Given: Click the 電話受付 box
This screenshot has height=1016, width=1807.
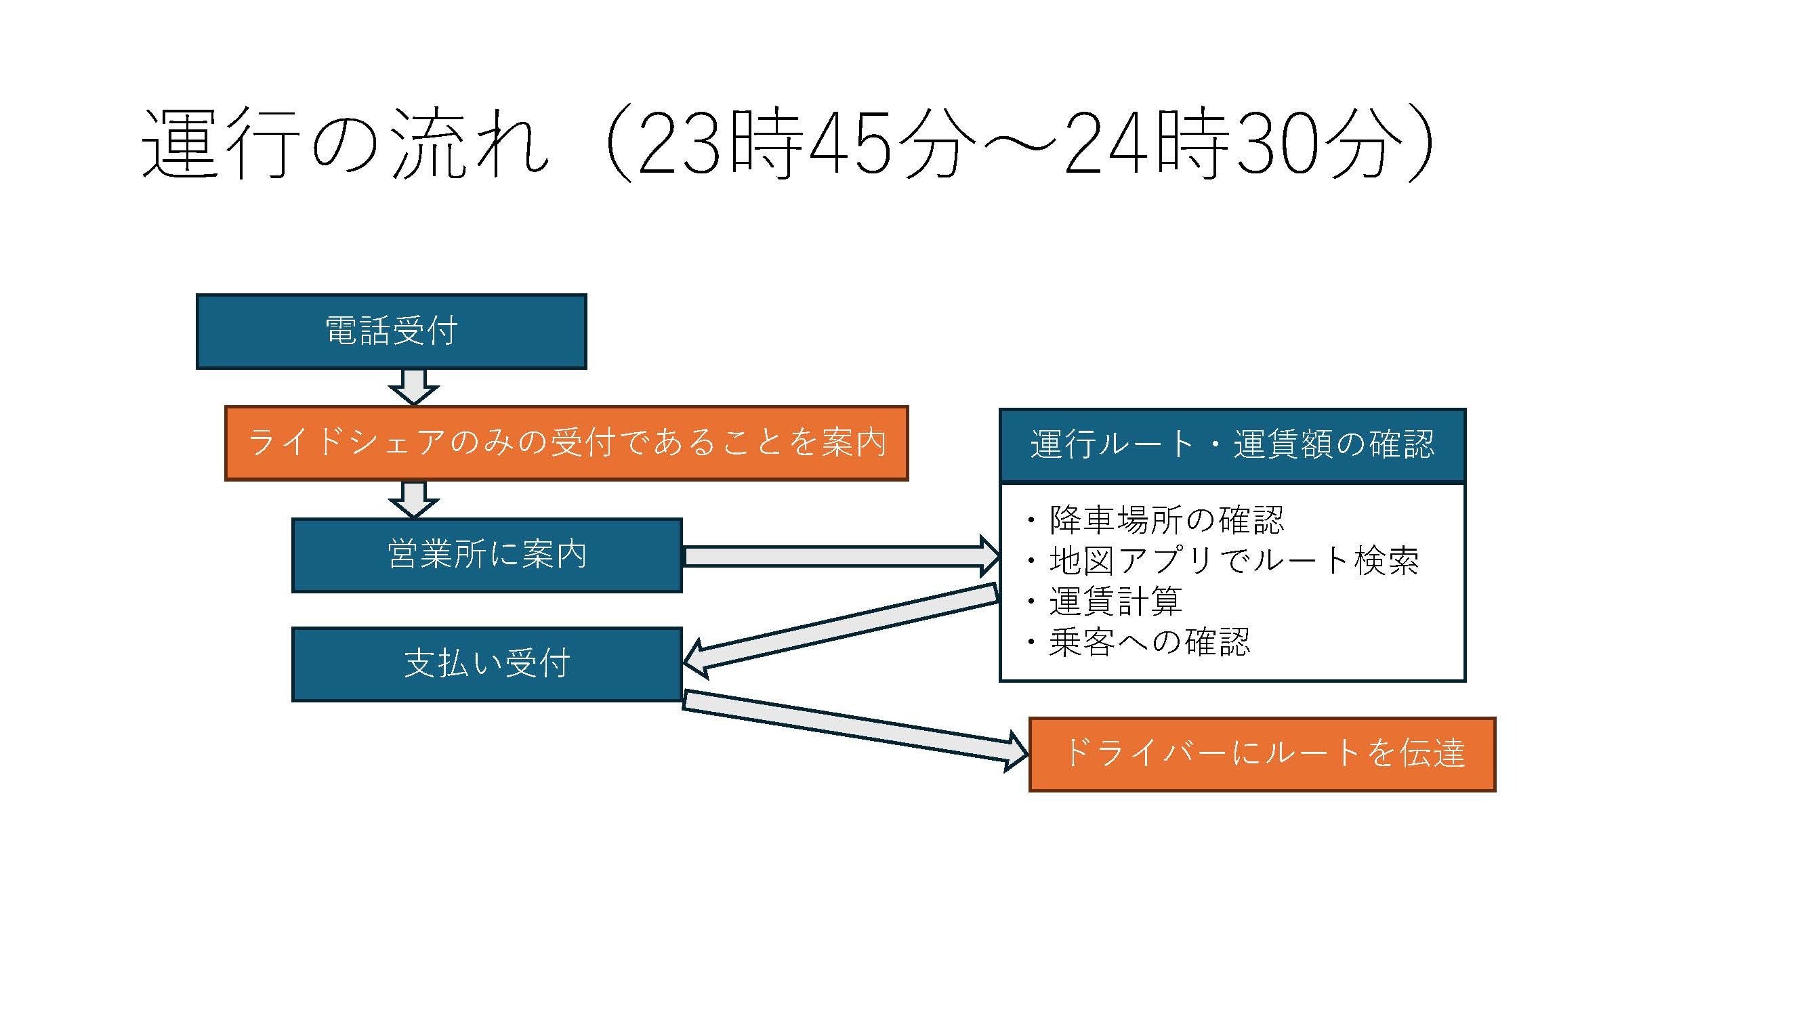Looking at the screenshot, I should [x=391, y=331].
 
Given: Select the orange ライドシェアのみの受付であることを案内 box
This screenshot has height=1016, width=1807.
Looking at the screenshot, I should [x=566, y=443].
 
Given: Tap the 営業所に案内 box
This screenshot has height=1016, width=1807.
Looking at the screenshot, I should [x=487, y=555].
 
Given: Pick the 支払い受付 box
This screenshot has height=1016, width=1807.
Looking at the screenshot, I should [x=487, y=664].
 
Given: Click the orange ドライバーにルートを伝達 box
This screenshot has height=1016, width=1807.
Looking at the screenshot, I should [x=1262, y=754].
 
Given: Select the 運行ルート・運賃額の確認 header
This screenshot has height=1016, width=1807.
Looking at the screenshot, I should [x=1232, y=444].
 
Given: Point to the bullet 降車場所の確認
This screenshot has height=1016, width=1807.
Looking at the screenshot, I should [x=1166, y=520].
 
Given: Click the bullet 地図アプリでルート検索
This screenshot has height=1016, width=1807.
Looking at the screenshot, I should [x=1233, y=561].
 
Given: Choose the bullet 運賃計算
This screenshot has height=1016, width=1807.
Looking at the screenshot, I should [x=1115, y=601].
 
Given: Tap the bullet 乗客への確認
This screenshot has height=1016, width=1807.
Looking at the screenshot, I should [x=1149, y=642].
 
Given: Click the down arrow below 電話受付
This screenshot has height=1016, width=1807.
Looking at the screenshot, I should [x=414, y=387].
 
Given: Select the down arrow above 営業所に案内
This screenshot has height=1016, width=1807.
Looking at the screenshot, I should [x=414, y=499].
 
